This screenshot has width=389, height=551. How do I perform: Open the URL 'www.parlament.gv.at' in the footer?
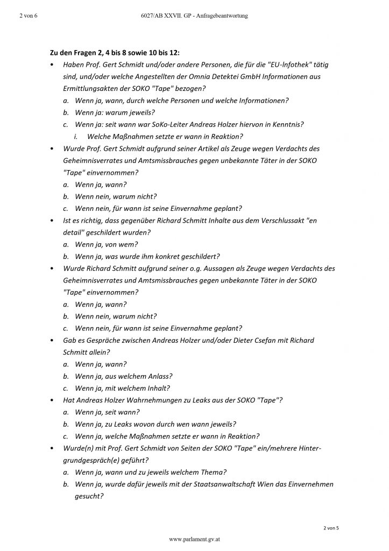pos(194,539)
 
